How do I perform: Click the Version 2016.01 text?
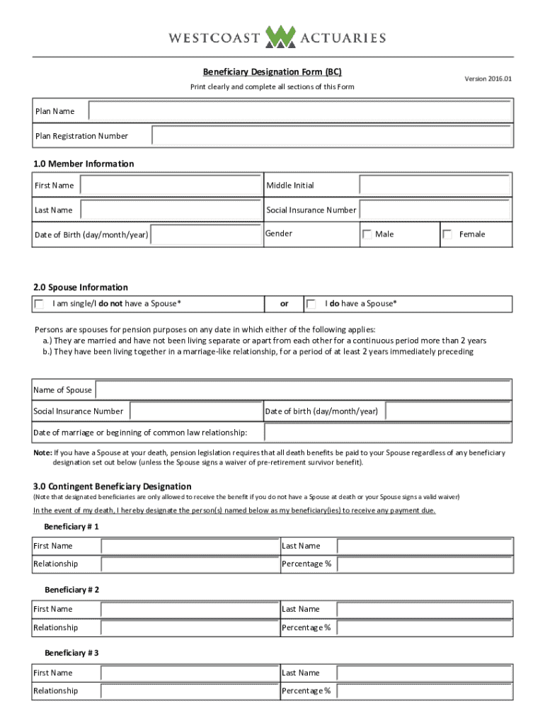(488, 79)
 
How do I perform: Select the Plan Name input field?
(299, 111)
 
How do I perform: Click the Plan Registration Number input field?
(331, 135)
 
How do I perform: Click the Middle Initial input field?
(434, 185)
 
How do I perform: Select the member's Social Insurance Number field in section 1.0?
(434, 210)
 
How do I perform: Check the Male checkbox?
(367, 234)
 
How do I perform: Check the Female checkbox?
(447, 234)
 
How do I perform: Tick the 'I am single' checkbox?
(39, 304)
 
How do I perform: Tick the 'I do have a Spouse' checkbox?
(311, 304)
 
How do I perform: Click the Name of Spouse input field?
(303, 390)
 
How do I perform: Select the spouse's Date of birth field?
(447, 411)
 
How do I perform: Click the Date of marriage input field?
(387, 433)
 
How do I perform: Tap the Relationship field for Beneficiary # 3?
(189, 691)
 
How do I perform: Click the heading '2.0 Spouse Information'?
(81, 287)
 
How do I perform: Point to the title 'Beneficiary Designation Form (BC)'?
(272, 72)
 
